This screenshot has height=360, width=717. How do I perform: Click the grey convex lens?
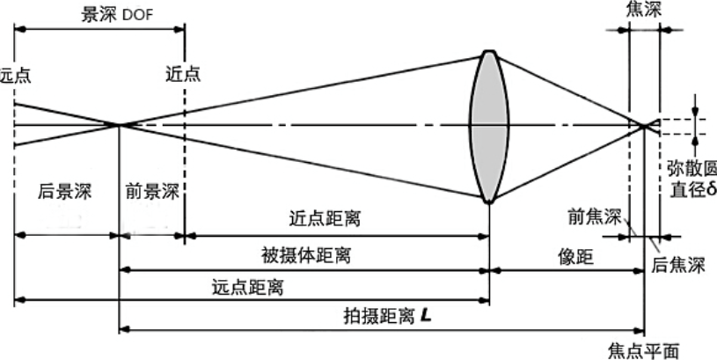(490, 125)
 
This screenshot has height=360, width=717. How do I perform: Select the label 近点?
(183, 74)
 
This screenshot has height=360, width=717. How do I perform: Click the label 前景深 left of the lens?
(150, 191)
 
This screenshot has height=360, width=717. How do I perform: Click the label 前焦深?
(595, 216)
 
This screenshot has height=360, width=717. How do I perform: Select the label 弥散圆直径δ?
(691, 178)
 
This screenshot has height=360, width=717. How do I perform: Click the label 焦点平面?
(644, 349)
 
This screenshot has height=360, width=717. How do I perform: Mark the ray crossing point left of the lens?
(120, 125)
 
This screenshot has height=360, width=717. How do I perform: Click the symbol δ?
(710, 189)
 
